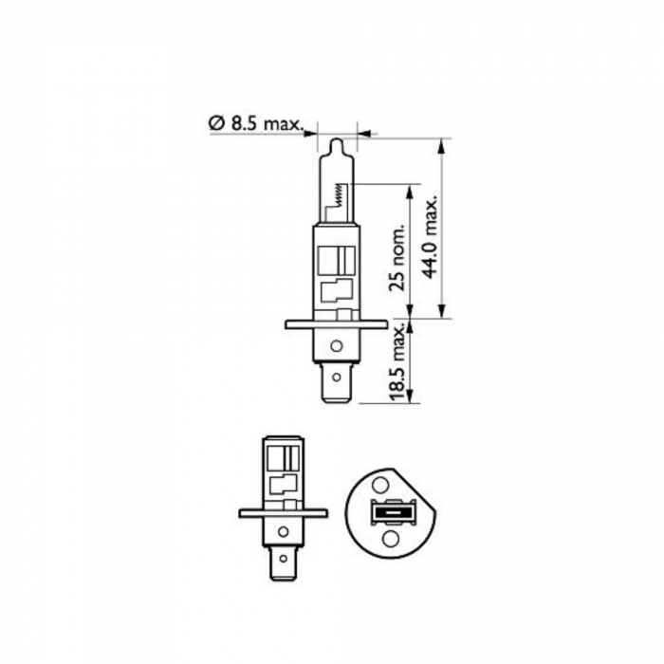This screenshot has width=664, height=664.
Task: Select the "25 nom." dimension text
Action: tap(397, 257)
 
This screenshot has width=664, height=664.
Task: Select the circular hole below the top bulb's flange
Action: tap(335, 344)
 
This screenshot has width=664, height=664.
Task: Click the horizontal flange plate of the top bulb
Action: tap(336, 324)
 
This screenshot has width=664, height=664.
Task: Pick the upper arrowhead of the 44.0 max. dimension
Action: tap(441, 144)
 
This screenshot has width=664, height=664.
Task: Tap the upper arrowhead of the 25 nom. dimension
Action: tap(409, 190)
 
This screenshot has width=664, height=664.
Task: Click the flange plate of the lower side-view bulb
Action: tap(282, 513)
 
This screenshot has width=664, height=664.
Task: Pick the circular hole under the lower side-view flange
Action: tap(282, 532)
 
